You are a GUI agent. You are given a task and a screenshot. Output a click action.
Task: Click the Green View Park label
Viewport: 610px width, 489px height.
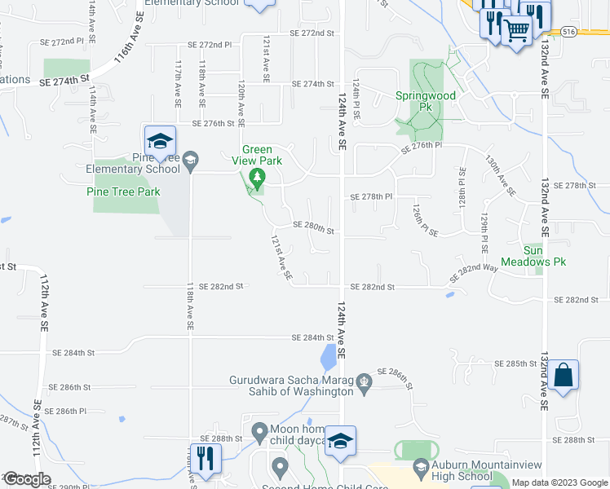click(x=262, y=155)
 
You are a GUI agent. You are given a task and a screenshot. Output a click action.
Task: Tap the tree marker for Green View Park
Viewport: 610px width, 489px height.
click(x=258, y=177)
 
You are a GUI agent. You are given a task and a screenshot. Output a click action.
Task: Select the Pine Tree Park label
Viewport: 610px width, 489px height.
click(x=123, y=192)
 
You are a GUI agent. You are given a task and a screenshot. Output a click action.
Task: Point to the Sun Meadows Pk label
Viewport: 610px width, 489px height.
click(x=544, y=255)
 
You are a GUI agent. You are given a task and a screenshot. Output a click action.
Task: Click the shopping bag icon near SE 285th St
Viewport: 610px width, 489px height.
click(x=563, y=376)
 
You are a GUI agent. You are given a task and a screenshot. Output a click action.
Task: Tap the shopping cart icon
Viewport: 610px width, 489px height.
click(x=516, y=31)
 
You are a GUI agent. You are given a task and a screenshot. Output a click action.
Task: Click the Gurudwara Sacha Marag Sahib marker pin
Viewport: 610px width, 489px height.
click(x=364, y=381)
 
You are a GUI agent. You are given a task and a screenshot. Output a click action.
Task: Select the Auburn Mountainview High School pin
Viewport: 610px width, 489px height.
click(x=421, y=467)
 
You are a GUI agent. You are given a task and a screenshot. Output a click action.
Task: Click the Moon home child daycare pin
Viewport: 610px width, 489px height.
click(x=259, y=430)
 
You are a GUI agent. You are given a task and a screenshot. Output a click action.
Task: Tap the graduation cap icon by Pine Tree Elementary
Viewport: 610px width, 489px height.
click(x=161, y=140)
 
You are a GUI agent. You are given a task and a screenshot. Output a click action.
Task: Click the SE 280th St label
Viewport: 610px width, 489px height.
click(x=314, y=230)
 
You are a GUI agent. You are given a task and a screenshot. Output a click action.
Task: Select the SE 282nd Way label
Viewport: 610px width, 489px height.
click(x=474, y=273)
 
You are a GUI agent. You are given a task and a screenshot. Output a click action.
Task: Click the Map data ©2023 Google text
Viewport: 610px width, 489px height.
click(x=559, y=482)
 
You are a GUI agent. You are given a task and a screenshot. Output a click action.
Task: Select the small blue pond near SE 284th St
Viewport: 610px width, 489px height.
click(x=328, y=355)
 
